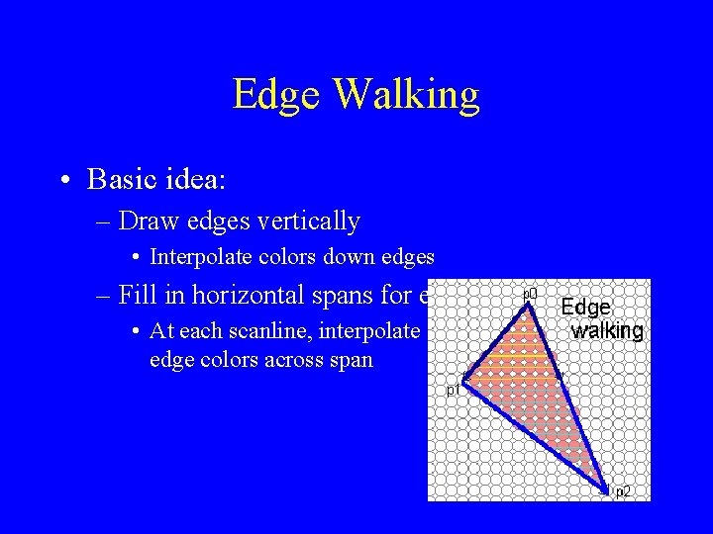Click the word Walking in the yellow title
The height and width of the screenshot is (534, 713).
(x=407, y=96)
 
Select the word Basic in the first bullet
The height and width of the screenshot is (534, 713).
(x=122, y=179)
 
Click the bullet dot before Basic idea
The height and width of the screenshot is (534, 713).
(x=64, y=180)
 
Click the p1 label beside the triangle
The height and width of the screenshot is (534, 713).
(x=453, y=391)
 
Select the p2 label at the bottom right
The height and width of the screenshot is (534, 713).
(x=623, y=491)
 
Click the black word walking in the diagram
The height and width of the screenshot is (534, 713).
(x=607, y=330)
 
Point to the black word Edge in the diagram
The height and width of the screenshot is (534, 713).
(x=585, y=308)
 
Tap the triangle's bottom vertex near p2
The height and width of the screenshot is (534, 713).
(x=606, y=487)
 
